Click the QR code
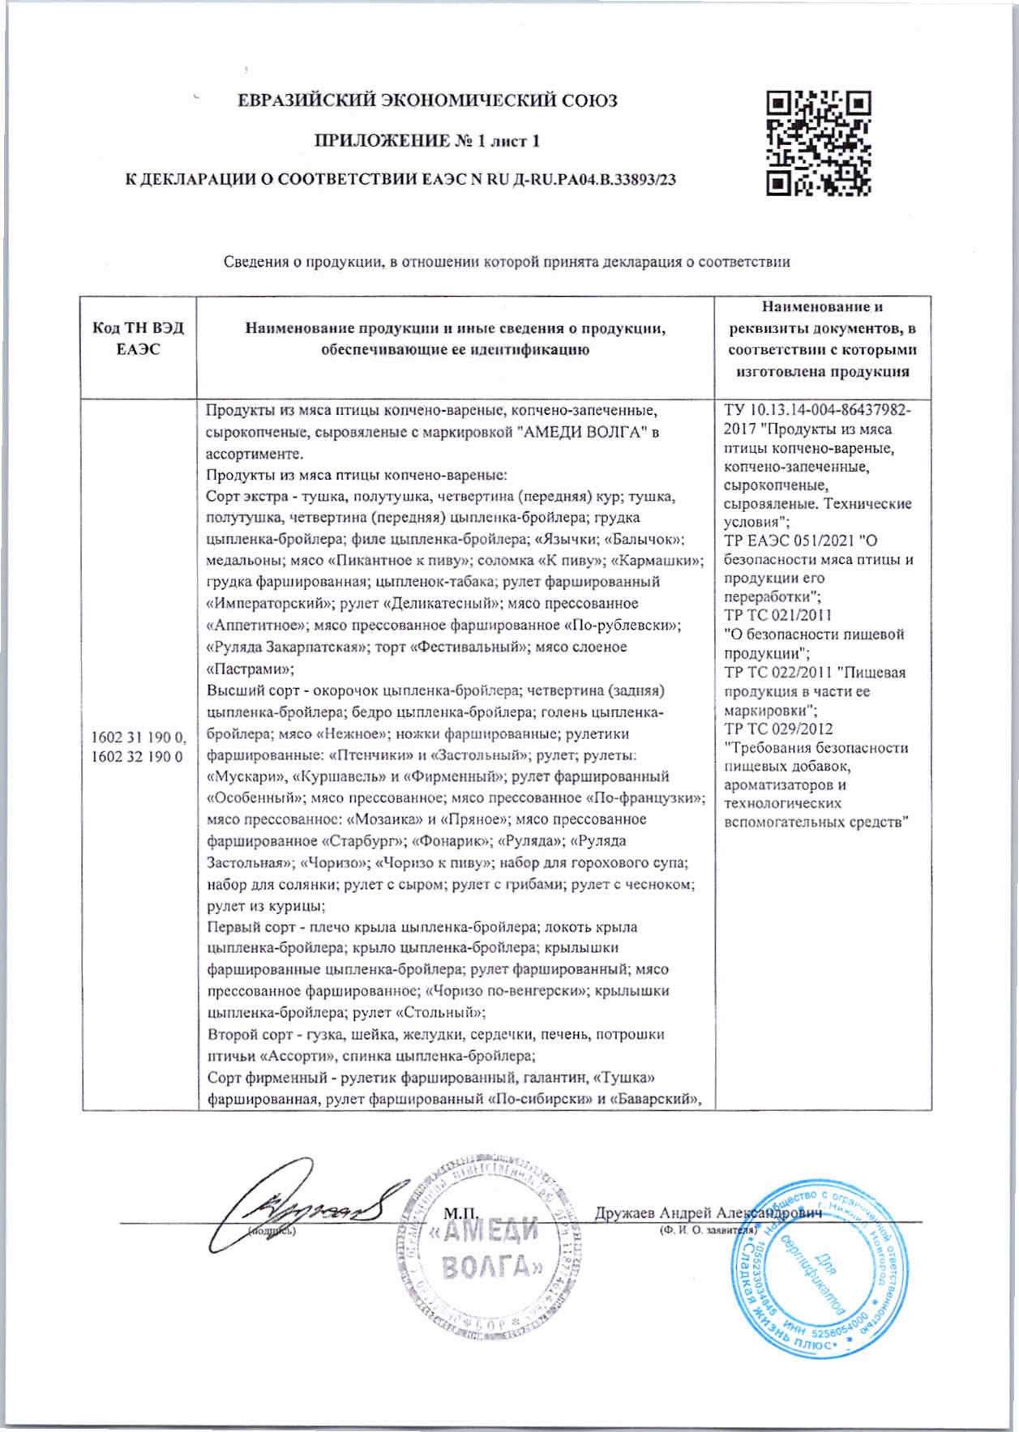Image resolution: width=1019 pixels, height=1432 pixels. pos(819,143)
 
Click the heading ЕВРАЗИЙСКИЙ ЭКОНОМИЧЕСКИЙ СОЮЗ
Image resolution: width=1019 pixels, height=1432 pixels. pos(427,101)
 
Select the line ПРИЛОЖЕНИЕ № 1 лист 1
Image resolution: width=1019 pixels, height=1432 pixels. pos(427,141)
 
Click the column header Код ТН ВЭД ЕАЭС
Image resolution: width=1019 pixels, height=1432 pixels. pos(138,339)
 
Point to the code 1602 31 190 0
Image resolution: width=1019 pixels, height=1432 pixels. pos(138,737)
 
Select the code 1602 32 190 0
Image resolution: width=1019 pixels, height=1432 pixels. pos(138,757)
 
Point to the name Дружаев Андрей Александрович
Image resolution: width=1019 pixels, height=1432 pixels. pos(708,1212)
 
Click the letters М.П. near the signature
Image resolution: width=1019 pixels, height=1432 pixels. pos(461,1213)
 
